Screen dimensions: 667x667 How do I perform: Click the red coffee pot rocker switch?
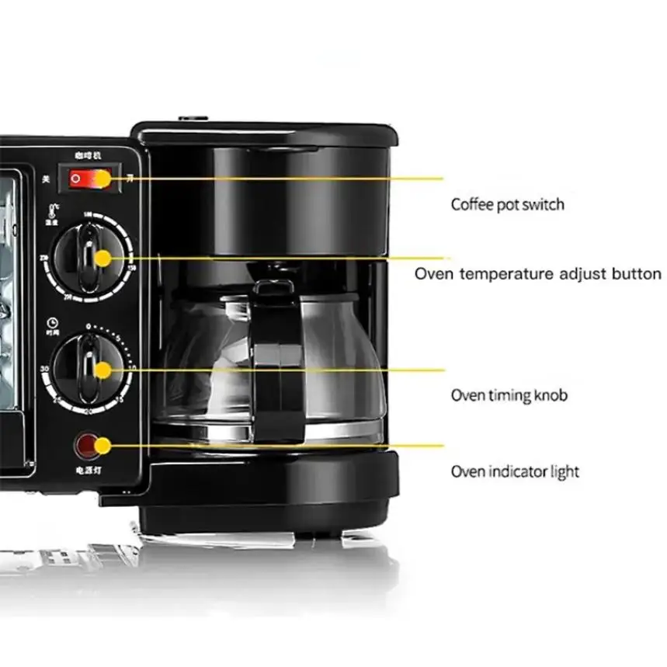[89, 178]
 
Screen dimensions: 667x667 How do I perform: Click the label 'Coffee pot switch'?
[507, 204]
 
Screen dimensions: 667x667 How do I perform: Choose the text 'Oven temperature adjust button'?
[537, 273]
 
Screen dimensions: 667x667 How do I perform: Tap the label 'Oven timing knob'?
[509, 395]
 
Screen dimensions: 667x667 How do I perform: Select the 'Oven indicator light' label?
[515, 471]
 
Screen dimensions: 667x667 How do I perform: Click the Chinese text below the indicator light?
[88, 471]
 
